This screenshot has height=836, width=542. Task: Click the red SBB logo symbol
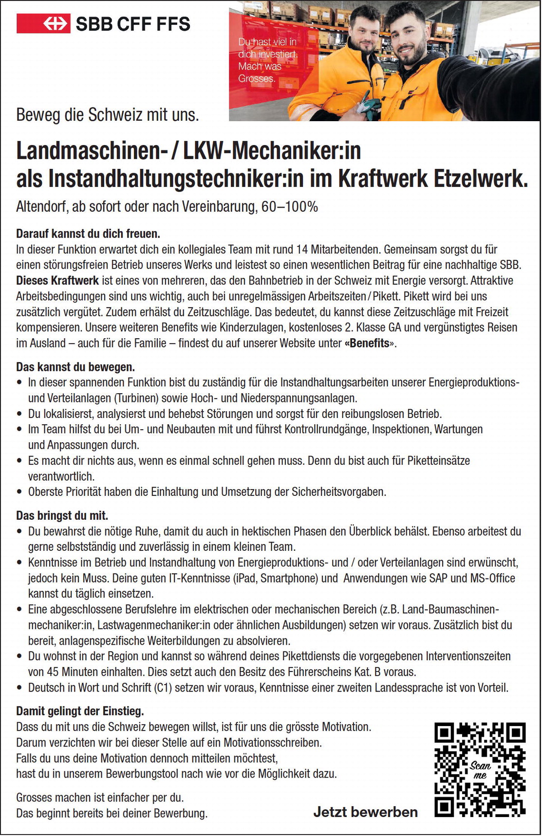pos(43,23)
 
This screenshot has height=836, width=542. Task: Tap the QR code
pos(480,769)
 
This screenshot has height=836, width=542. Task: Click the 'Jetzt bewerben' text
pos(365,812)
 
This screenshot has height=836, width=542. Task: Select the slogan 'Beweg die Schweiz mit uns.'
pos(108,115)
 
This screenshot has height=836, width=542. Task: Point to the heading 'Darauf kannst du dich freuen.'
pos(88,234)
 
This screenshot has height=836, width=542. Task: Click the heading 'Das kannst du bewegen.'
pos(75,366)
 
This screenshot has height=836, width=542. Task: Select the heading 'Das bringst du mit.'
pos(62,515)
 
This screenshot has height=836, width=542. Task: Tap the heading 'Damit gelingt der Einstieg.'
pos(80,711)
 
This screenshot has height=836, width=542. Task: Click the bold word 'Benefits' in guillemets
pos(370,343)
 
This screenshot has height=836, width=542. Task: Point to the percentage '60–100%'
pos(290,207)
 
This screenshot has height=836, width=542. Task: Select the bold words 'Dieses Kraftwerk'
pos(57,281)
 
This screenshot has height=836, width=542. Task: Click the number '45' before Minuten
pos(53,672)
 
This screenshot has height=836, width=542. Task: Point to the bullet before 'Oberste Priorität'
pos(19,492)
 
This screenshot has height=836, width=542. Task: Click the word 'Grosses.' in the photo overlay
pos(257,78)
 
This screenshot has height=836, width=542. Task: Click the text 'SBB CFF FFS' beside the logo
pos(133,23)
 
